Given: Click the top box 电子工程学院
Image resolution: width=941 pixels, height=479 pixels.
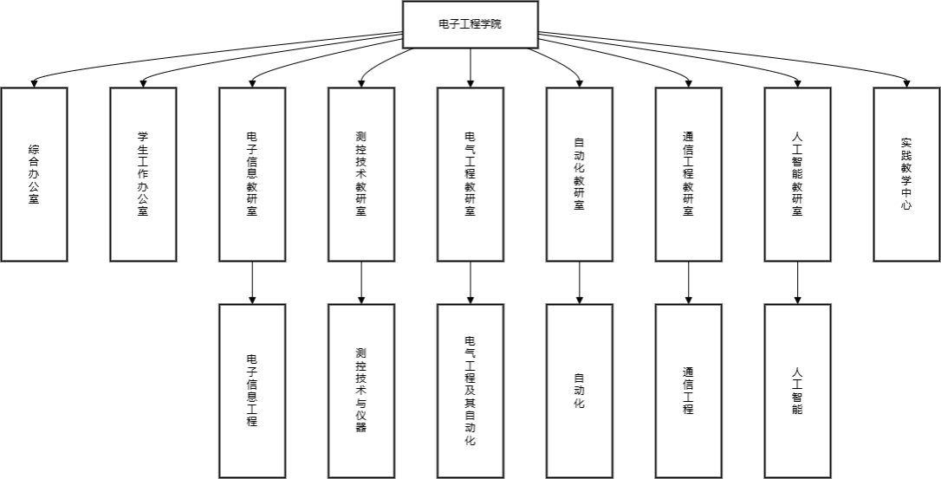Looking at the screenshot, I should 470,24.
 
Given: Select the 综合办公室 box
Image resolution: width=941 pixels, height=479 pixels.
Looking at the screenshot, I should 34,173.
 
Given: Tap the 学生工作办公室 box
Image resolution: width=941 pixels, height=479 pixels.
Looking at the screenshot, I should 143,173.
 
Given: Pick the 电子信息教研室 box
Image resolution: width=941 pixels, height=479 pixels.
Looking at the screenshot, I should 252,173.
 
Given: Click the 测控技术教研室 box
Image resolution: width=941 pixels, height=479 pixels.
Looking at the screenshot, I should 361,173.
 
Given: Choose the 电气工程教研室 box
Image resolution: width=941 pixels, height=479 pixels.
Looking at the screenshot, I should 470,173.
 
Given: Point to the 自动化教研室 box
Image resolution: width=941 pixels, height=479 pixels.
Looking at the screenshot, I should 580,173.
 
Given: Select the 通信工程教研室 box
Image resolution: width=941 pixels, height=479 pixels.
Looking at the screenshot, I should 689,173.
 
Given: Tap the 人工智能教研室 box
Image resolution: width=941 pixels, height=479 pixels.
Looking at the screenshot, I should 798,173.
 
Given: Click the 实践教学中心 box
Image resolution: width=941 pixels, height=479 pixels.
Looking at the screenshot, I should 906,173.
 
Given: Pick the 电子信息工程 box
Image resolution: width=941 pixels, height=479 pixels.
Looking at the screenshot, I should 252,390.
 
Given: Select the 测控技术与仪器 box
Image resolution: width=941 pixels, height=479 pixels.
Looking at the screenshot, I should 361,390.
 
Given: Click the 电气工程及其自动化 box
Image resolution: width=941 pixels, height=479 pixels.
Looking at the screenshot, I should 470,390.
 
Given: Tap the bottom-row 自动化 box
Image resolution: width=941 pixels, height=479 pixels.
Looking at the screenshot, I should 580,390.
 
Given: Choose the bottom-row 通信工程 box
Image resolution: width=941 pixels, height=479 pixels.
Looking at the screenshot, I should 689,390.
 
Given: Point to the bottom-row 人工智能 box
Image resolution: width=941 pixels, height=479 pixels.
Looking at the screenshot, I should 798,390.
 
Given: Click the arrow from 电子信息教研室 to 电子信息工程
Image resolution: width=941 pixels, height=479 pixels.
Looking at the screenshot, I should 252,282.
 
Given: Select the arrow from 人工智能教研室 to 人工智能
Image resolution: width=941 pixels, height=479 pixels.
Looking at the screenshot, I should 798,282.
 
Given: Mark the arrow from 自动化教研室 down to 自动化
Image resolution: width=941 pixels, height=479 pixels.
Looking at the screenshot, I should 580,282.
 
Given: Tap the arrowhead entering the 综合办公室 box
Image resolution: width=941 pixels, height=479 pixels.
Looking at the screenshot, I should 34,84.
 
